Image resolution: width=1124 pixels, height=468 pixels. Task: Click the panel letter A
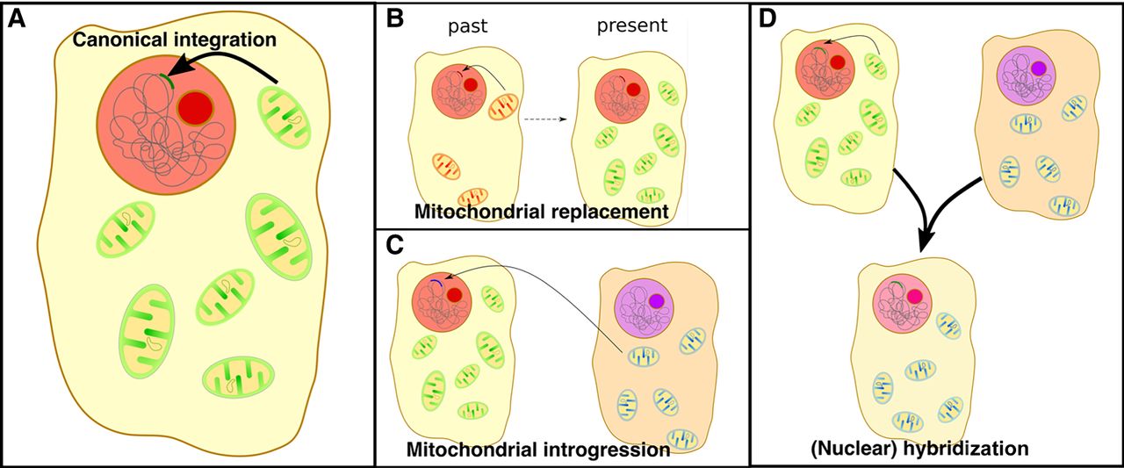[x=17, y=19]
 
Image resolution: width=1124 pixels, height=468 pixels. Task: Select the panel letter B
[x=394, y=19]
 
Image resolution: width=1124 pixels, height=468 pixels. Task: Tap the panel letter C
[x=394, y=245]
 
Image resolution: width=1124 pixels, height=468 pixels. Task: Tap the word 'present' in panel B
[x=631, y=25]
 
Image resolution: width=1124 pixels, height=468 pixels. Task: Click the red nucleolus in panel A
[x=195, y=109]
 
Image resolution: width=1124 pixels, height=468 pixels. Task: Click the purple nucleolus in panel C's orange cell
[x=657, y=300]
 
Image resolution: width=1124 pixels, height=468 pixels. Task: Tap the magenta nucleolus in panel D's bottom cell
[x=916, y=297]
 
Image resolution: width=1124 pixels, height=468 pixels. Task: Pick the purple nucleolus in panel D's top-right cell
[x=1038, y=68]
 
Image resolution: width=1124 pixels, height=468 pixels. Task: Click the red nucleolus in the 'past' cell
[x=471, y=85]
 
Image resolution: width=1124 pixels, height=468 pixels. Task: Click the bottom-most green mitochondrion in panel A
[x=239, y=379]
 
